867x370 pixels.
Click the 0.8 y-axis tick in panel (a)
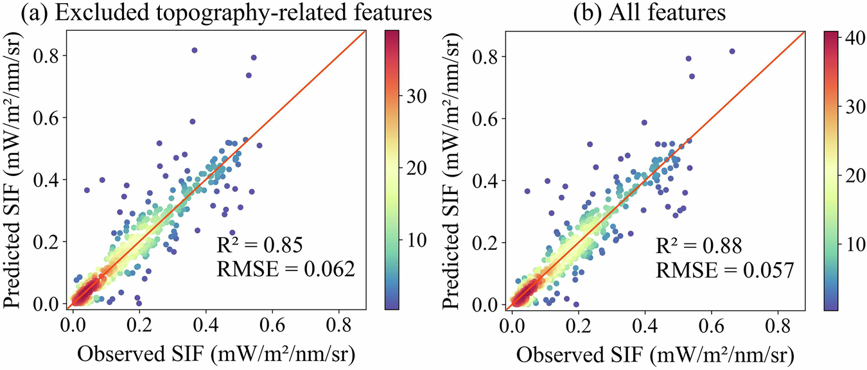(48, 57)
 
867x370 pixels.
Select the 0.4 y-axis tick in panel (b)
(487, 181)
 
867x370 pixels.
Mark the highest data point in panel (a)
(195, 50)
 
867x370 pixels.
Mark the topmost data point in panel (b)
(731, 51)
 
